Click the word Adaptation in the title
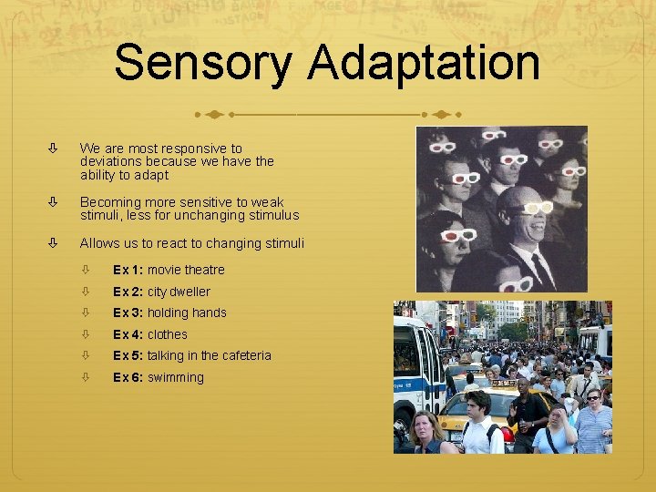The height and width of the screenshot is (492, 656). pos(424,64)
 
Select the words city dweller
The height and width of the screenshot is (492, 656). pos(179,292)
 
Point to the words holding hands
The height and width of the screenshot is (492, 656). pos(187,313)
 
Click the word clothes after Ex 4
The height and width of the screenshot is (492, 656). pos(168,334)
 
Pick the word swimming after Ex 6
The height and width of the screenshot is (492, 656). pos(176,377)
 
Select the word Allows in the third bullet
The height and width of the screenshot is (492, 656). pos(98,243)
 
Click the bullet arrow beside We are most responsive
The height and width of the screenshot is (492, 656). pos(54,148)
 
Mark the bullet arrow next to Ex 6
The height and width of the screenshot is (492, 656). pos(87,377)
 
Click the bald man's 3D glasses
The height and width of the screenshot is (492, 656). pos(532,209)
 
